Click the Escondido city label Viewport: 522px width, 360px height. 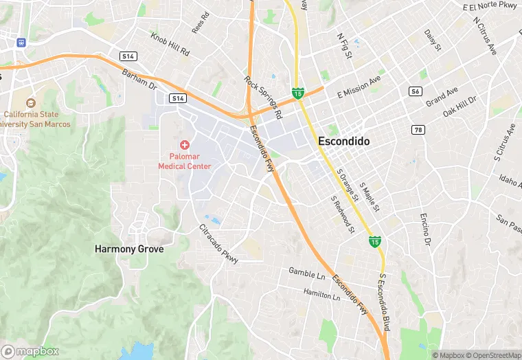[x=343, y=141]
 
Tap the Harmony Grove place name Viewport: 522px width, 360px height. [x=129, y=249]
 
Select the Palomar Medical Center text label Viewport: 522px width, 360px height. [x=184, y=161]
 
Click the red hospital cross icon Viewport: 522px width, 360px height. [x=184, y=145]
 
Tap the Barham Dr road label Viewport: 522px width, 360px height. [x=139, y=80]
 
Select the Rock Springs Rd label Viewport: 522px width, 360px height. [x=264, y=93]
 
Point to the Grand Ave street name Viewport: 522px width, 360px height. [x=442, y=97]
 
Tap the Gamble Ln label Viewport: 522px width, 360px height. [x=306, y=273]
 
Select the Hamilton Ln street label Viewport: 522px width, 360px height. [x=321, y=293]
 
